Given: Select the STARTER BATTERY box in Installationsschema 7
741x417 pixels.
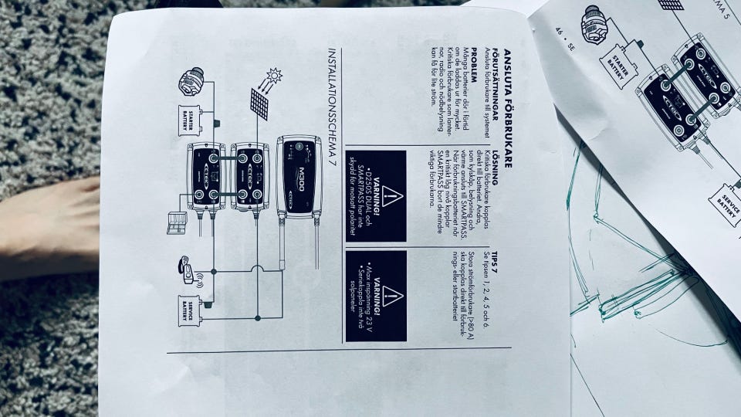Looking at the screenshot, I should point(190,120).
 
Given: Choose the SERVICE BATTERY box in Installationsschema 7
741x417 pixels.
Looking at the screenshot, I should point(190,309).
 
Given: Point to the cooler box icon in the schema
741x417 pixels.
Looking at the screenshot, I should point(177,224).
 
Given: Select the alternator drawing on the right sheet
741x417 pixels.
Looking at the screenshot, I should point(594,24).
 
